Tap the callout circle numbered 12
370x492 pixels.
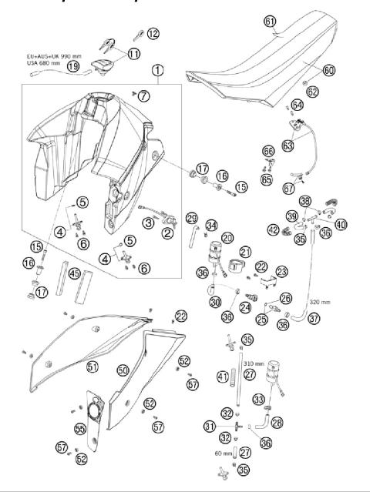coord(153,33)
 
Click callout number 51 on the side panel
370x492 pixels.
coord(92,367)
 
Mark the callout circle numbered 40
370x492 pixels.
coord(341,225)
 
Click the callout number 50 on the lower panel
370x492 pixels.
coord(123,370)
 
